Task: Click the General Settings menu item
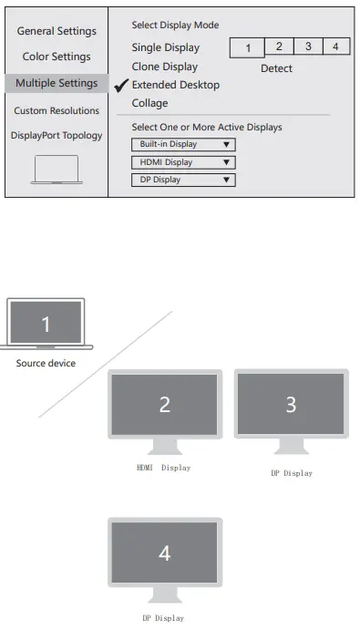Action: point(57,31)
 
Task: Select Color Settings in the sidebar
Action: point(57,57)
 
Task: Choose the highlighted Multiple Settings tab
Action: point(57,84)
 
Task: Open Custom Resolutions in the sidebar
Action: point(57,110)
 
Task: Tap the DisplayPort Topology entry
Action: point(57,136)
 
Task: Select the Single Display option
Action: point(165,48)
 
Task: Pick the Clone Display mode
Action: point(164,67)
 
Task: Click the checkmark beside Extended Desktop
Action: point(120,85)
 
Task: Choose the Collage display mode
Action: point(149,103)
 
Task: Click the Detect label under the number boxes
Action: point(276,68)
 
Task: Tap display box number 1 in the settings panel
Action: point(248,48)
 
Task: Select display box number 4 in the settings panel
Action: point(335,46)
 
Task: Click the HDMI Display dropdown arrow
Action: point(225,162)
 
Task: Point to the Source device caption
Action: point(46,363)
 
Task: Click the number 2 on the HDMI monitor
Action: point(165,405)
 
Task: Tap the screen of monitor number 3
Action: point(291,404)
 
